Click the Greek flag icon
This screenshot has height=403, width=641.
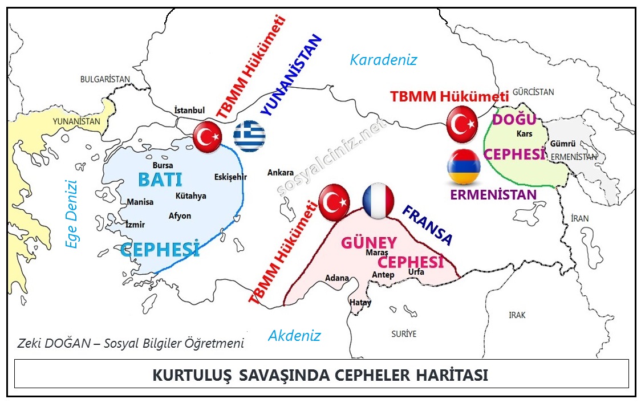(x=250, y=136)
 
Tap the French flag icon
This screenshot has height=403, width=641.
(x=379, y=201)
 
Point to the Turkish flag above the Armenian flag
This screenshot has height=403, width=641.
(x=462, y=125)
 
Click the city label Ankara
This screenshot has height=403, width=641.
(x=281, y=173)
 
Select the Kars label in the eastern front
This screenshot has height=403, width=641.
(x=523, y=134)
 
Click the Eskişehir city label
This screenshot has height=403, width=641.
(x=230, y=177)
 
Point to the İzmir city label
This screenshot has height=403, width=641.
(x=136, y=225)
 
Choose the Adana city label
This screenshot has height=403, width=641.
(x=336, y=278)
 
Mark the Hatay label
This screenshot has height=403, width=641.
(x=360, y=303)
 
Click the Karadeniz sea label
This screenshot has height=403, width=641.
(x=384, y=60)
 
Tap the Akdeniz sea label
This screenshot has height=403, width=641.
(x=294, y=336)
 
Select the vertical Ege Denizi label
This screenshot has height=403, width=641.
(x=71, y=214)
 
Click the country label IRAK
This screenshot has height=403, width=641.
(x=517, y=315)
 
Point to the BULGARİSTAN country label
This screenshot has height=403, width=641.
(x=105, y=79)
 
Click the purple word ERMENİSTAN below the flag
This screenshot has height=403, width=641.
(x=493, y=195)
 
